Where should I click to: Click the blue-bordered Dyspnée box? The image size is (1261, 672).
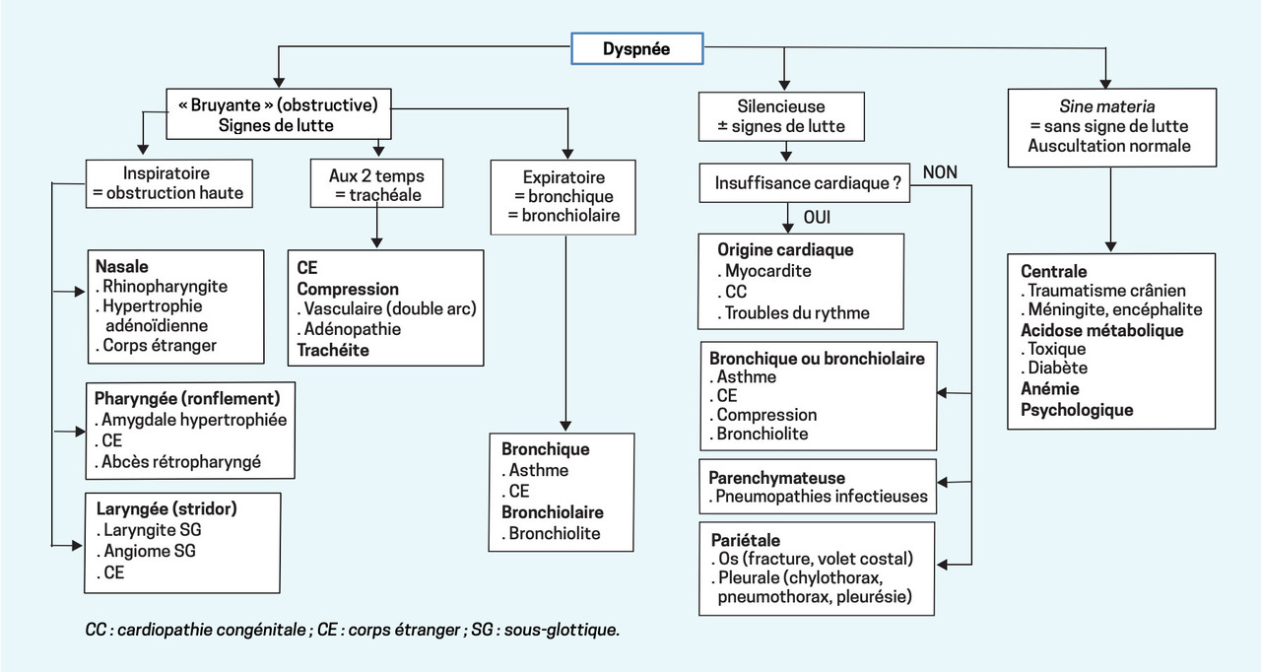[x=637, y=48]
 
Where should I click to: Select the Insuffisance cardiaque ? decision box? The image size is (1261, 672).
[x=805, y=183]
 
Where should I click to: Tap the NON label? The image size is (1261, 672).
[x=940, y=172]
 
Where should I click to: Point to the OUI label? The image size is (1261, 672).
[x=817, y=217]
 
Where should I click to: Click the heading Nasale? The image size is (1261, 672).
[x=121, y=266]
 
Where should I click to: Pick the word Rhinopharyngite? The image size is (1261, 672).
[x=165, y=287]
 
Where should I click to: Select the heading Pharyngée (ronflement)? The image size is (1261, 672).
[x=187, y=398]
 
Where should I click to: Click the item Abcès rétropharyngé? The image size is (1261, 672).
[x=180, y=461]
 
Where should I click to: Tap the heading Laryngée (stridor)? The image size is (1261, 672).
[x=166, y=508]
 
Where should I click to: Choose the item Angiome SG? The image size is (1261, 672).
[x=150, y=551]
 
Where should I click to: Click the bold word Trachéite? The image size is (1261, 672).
[x=333, y=350]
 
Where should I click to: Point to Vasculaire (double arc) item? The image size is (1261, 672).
[x=390, y=308]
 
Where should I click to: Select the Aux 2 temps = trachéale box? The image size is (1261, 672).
[x=376, y=183]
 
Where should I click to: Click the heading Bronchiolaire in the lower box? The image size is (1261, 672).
[x=553, y=512]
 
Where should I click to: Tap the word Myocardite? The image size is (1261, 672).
[x=767, y=271]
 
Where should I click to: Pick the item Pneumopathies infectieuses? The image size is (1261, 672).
[x=822, y=497]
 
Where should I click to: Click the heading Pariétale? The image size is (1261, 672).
[x=746, y=540]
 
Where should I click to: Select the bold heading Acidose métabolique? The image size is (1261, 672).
[x=1102, y=330]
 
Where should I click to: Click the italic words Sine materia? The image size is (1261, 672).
[x=1106, y=106]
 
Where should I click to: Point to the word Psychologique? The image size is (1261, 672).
[x=1077, y=410]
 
